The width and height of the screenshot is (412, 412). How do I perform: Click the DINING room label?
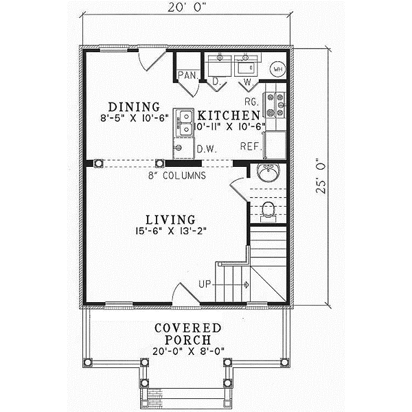pyautogui.click(x=134, y=107)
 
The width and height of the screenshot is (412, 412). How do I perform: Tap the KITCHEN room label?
pyautogui.click(x=229, y=115)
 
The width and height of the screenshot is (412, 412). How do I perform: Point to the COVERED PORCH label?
pyautogui.click(x=187, y=334)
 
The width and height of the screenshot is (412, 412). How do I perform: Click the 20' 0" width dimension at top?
pyautogui.click(x=187, y=10)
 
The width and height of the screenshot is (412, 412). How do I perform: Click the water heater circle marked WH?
pyautogui.click(x=278, y=69)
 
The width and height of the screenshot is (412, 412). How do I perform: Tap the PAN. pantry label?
pyautogui.click(x=187, y=75)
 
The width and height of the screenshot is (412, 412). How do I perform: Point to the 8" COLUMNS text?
pyautogui.click(x=176, y=176)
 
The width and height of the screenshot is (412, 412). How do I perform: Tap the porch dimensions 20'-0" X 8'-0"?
pyautogui.click(x=187, y=352)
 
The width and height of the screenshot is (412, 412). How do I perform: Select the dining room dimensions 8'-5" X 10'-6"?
pyautogui.click(x=134, y=119)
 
